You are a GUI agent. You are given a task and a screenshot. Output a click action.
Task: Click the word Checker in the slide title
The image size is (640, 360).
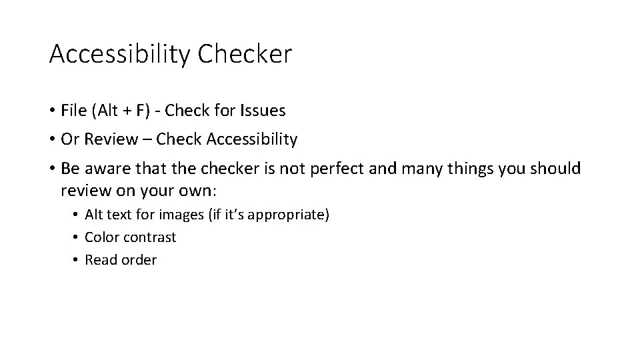(245, 55)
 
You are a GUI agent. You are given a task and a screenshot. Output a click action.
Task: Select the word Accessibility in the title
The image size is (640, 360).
(119, 55)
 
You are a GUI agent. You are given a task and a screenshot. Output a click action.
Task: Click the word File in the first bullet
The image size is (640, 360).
(73, 110)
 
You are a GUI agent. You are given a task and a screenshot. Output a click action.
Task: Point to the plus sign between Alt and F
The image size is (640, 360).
(125, 111)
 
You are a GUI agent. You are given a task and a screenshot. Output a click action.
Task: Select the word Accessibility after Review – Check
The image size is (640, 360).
(252, 139)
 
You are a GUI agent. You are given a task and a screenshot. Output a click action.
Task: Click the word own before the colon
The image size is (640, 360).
(193, 191)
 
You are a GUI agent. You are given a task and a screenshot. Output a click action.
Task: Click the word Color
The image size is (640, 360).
(101, 237)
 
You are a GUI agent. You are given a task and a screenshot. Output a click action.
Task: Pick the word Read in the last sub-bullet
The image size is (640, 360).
(100, 260)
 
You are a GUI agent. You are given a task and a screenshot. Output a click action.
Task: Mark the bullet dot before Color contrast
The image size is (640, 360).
(77, 237)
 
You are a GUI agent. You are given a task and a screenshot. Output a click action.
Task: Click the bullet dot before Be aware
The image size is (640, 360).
(52, 169)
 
